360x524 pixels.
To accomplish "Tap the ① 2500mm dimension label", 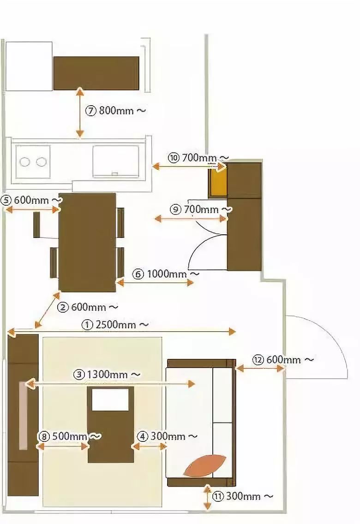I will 115,325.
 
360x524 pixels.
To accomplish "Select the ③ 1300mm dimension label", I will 107,374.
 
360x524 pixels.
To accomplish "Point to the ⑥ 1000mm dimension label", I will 166,274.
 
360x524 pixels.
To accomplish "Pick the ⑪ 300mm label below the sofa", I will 243,496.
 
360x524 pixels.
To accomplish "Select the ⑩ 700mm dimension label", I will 198,158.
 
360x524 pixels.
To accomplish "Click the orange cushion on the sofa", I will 205,465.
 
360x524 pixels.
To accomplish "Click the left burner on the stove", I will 25,162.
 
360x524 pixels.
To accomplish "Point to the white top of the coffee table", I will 110,399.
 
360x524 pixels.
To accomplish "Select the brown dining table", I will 87,242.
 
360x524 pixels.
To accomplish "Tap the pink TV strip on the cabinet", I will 23,415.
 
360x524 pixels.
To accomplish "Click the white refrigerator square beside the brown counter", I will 29,66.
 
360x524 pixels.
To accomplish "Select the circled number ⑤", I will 6,200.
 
